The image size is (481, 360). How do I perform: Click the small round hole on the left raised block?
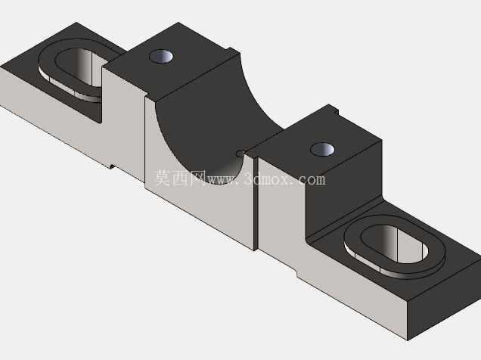(161, 57)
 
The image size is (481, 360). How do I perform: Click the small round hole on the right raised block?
(322, 150)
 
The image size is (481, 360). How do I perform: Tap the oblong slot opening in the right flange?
(395, 244)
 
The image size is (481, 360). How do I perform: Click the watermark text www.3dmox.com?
(266, 178)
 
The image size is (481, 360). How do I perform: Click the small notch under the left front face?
(112, 166)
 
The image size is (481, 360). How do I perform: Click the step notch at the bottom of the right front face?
(296, 273)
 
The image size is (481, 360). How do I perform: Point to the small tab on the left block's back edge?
(233, 50)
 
